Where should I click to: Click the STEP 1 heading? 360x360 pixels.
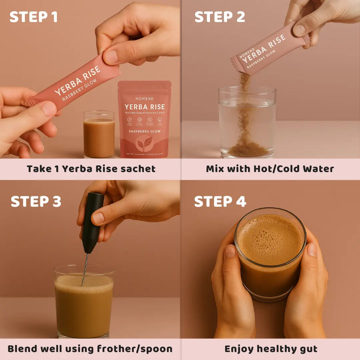33,17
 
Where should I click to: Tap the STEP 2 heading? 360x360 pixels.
220,17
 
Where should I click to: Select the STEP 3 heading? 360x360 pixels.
36,202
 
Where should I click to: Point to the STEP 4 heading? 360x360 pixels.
220,202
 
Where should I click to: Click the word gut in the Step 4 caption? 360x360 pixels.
308,349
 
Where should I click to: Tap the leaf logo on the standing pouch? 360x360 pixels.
144,143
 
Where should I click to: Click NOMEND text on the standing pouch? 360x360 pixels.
144,99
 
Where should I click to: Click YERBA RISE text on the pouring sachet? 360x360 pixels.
264,49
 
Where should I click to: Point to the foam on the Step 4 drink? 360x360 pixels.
270,238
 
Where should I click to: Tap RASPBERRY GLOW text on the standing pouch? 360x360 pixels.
144,131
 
